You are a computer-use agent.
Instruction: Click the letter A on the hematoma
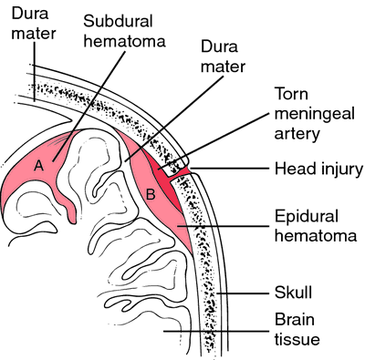point(38,166)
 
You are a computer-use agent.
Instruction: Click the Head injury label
point(316,169)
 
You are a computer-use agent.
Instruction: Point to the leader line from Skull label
point(246,293)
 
